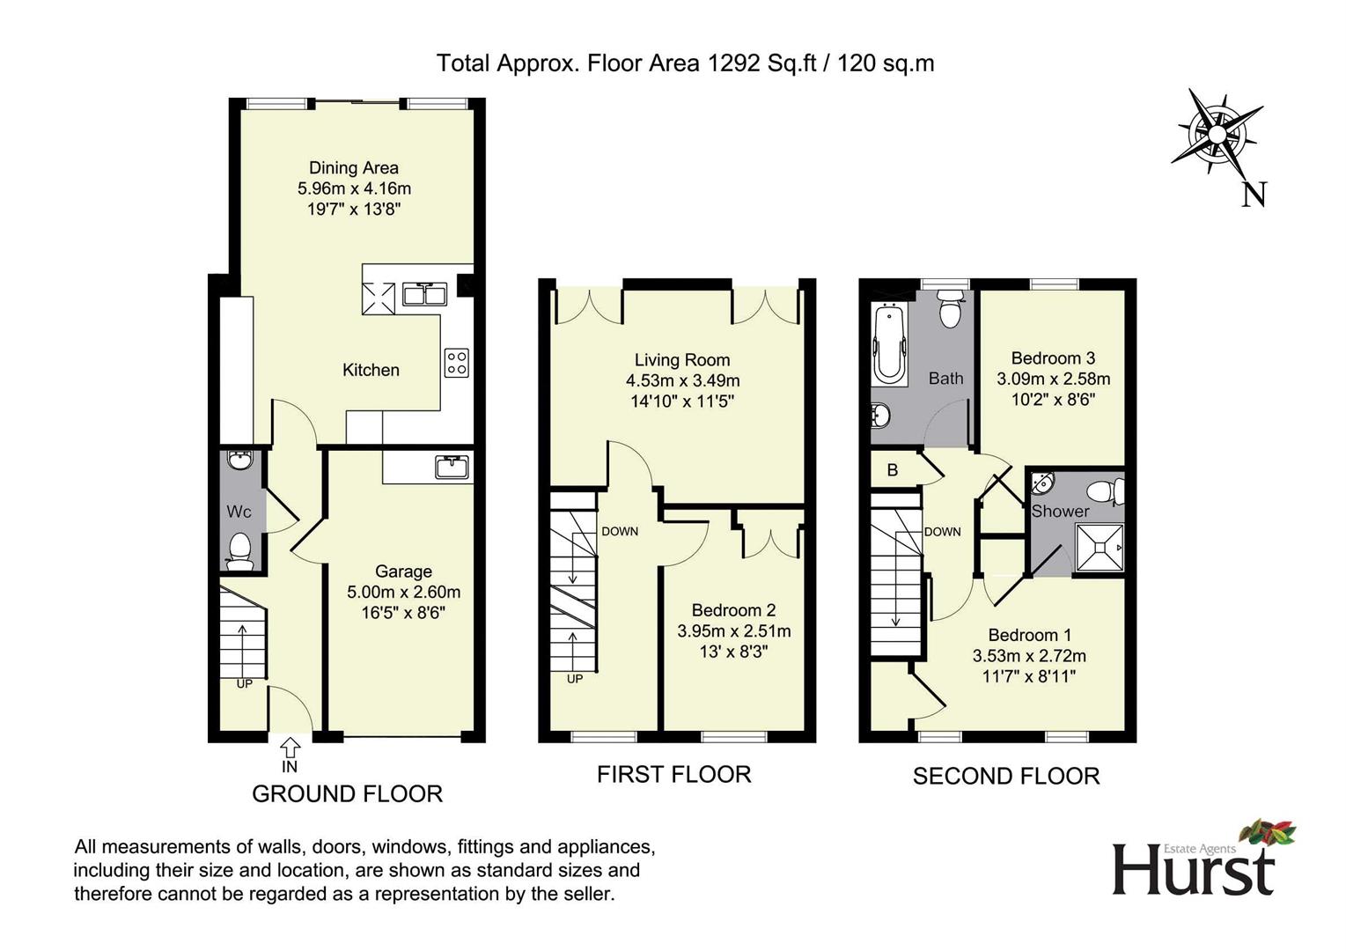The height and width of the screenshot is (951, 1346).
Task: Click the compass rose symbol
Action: (1217, 134)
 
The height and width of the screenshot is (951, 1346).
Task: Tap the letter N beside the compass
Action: (1254, 195)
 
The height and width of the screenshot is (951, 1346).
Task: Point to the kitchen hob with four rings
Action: (457, 363)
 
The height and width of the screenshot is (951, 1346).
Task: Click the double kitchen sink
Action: (424, 294)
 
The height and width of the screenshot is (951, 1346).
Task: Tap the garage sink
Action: (452, 467)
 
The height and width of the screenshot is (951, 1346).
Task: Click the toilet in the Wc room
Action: (240, 550)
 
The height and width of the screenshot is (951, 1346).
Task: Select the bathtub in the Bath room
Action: (889, 344)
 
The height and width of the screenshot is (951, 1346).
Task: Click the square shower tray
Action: (1099, 548)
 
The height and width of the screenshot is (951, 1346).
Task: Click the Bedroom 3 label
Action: (1053, 358)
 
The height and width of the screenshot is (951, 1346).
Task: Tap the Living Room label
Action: (682, 360)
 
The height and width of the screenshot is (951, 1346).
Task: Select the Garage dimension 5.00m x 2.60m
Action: (404, 592)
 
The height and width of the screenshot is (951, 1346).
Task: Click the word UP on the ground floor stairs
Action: (244, 683)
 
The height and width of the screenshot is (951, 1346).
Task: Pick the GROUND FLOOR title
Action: (348, 794)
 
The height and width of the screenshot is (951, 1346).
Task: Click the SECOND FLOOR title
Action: (1006, 776)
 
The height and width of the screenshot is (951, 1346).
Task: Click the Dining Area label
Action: (354, 167)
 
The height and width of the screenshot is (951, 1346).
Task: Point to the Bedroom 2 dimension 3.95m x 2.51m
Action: (733, 631)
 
